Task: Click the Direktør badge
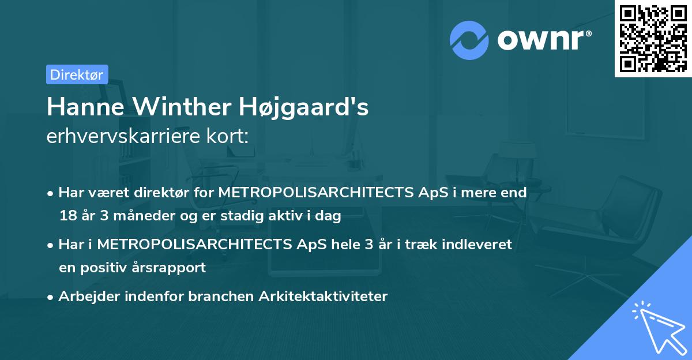click(77, 74)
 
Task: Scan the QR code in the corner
click(653, 38)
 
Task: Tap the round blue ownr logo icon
click(469, 40)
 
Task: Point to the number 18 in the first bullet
click(67, 216)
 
